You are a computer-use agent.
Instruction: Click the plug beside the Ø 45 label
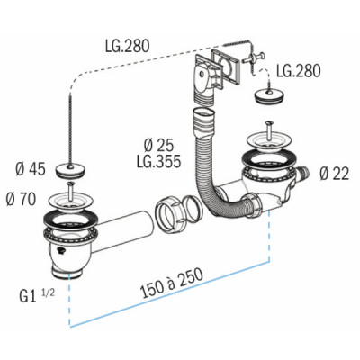[x=69, y=168]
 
